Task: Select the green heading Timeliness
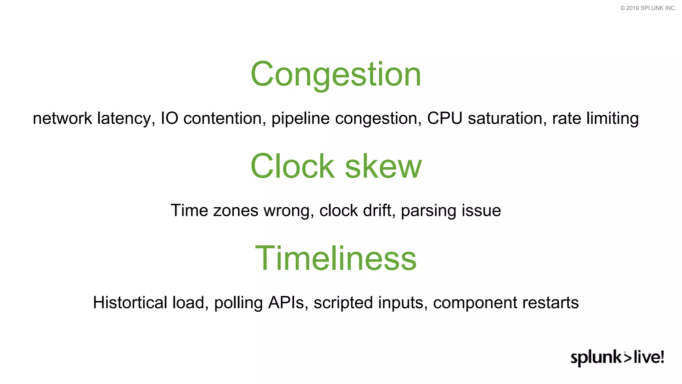tap(336, 258)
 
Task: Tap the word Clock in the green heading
tap(292, 166)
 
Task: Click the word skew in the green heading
tap(383, 166)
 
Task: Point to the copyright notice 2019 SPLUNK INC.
tap(648, 8)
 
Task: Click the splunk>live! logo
tap(617, 357)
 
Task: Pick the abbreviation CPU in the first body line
tap(445, 118)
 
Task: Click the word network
tap(62, 118)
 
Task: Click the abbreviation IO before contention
tap(170, 118)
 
